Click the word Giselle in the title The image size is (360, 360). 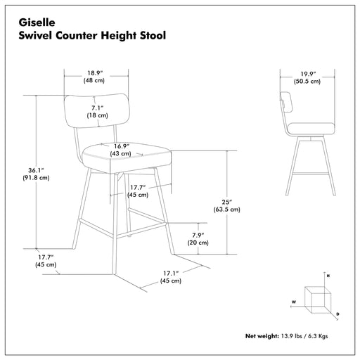(x=37, y=22)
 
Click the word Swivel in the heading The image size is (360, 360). (x=34, y=35)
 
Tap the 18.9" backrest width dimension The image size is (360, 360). (x=94, y=73)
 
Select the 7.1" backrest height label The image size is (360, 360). (x=97, y=108)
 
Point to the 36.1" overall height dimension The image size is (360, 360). (x=36, y=170)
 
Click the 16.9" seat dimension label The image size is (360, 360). (x=122, y=146)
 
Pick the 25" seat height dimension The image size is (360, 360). (x=227, y=202)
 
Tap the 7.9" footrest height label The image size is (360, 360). (x=198, y=235)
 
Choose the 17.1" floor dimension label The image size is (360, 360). (x=171, y=274)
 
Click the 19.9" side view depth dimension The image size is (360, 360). (x=308, y=74)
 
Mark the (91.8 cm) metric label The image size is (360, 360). (x=36, y=178)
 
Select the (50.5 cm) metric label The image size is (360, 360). (x=307, y=82)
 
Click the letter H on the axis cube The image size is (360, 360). (x=328, y=276)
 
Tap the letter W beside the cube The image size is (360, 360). (x=294, y=302)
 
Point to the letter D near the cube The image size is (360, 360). (x=337, y=314)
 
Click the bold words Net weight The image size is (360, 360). (x=262, y=336)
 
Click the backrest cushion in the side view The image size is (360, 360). (x=286, y=102)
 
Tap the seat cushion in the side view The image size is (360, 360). (x=311, y=129)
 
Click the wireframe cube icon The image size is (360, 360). (x=318, y=300)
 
